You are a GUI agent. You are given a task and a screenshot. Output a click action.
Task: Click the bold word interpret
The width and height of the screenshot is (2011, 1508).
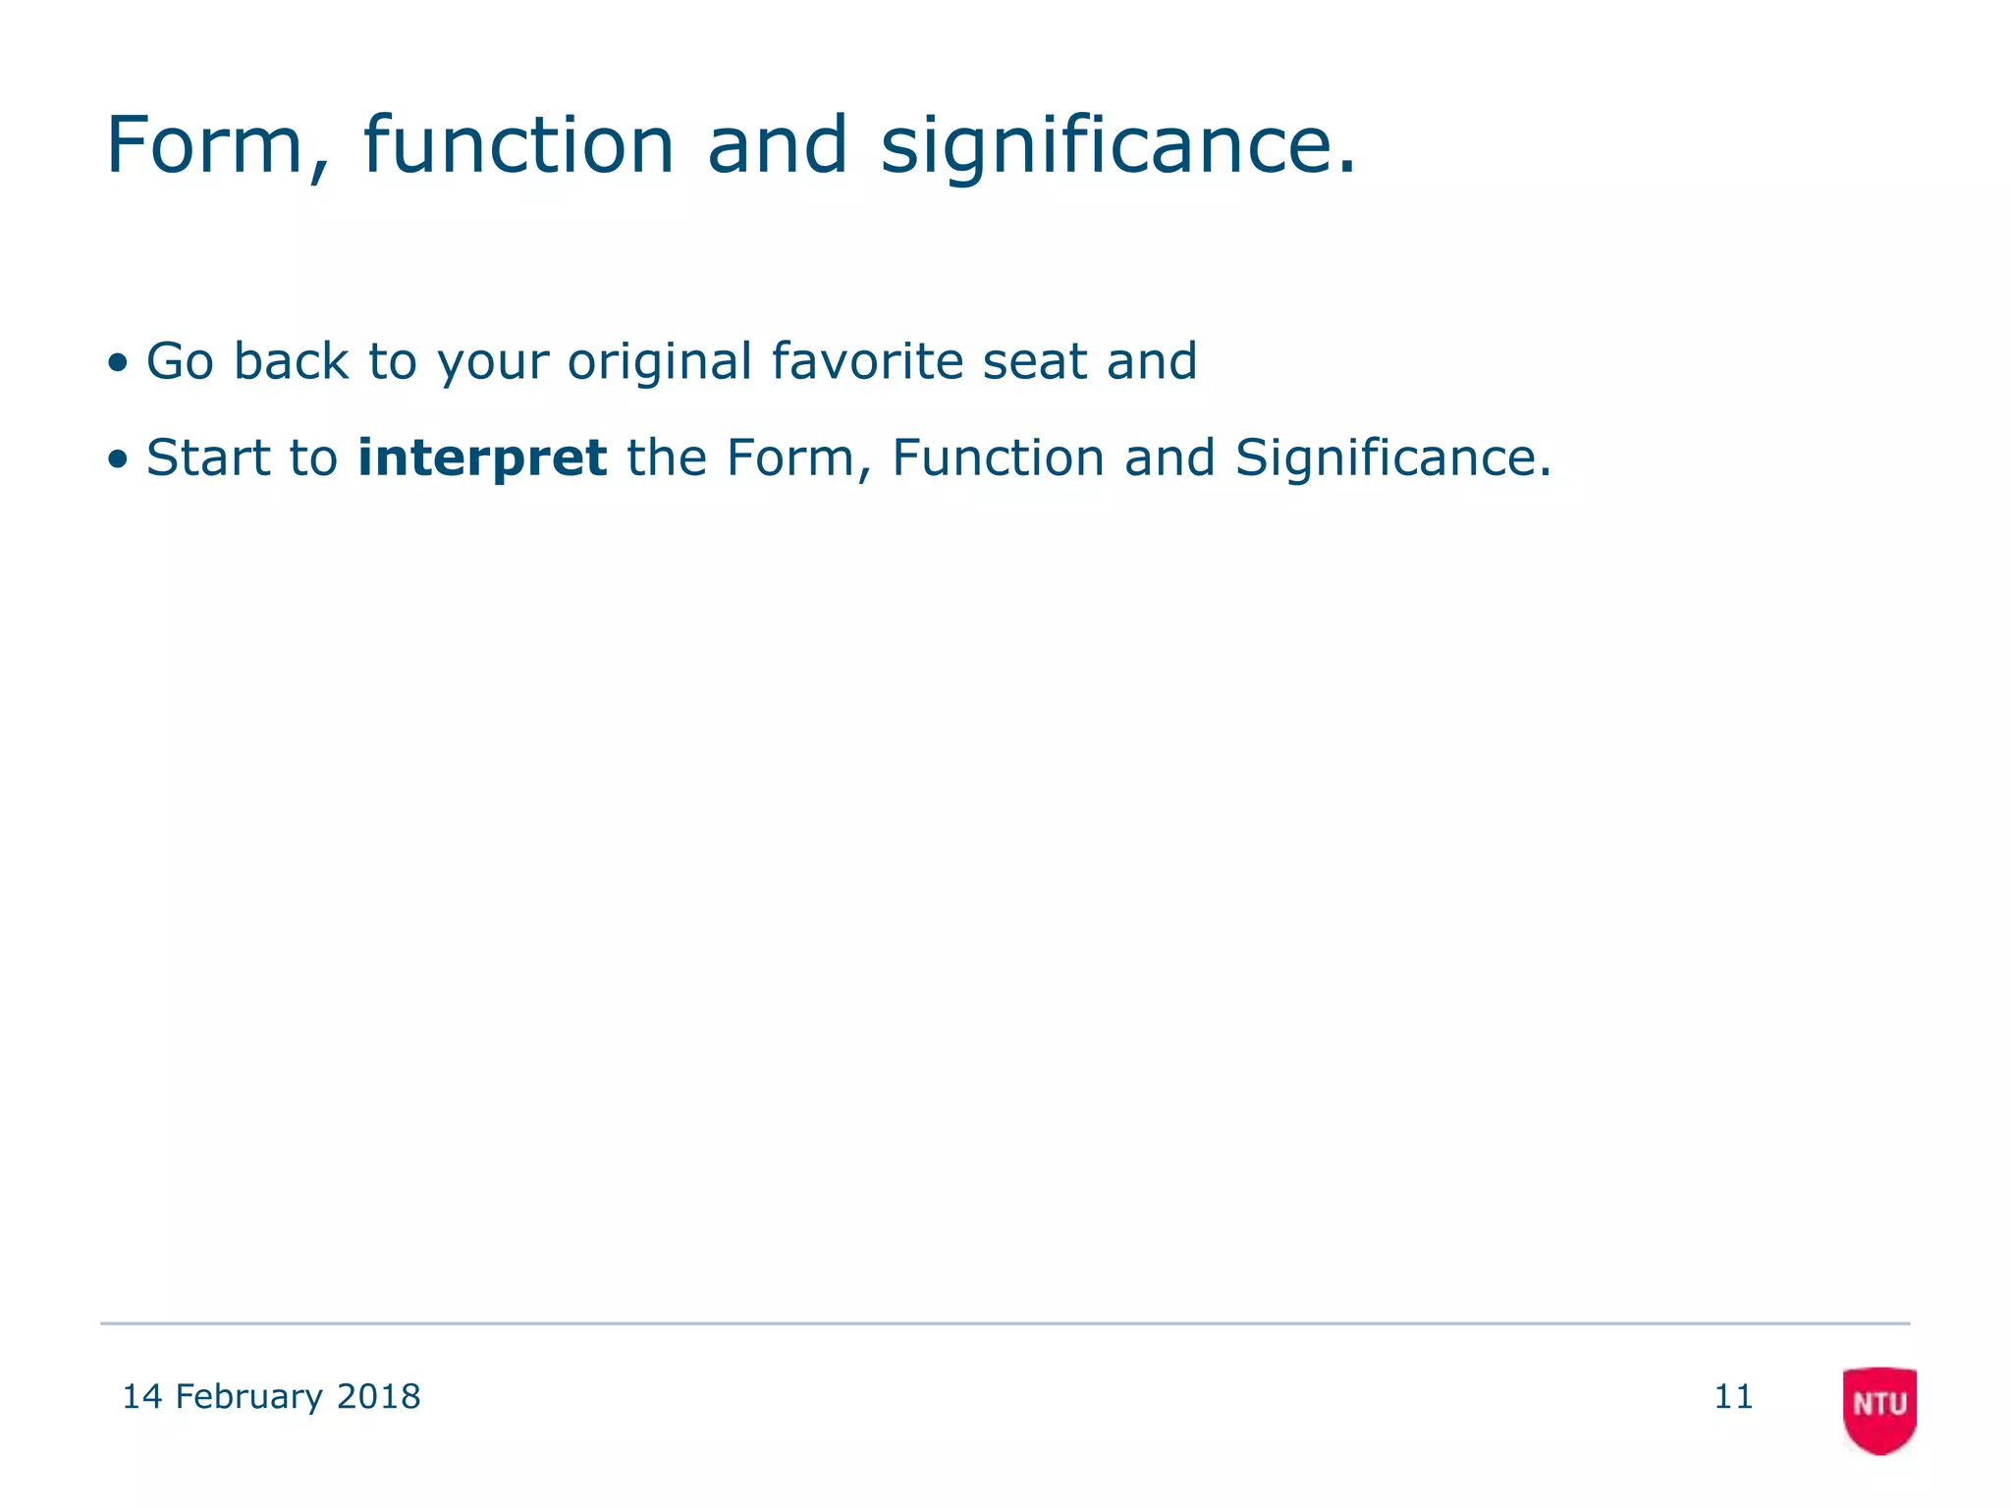[x=482, y=458]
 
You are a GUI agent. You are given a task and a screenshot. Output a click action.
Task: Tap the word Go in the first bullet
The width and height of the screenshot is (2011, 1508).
[x=180, y=361]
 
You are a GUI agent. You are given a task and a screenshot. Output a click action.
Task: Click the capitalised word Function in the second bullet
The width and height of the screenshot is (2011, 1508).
[x=998, y=458]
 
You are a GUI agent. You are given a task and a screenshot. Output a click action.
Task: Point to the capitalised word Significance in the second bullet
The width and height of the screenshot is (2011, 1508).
[x=1392, y=458]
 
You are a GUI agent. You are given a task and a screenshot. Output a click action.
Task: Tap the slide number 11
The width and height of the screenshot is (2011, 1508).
[x=1733, y=1396]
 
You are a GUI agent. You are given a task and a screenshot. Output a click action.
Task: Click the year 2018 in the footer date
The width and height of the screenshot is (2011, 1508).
[x=378, y=1396]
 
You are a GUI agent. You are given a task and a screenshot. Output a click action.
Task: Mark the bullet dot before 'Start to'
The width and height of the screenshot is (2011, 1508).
[x=118, y=459]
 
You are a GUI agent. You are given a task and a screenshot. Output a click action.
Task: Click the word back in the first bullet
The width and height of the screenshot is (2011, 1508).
[x=291, y=361]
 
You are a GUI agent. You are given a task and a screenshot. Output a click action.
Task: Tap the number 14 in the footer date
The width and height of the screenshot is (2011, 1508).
[x=141, y=1396]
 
